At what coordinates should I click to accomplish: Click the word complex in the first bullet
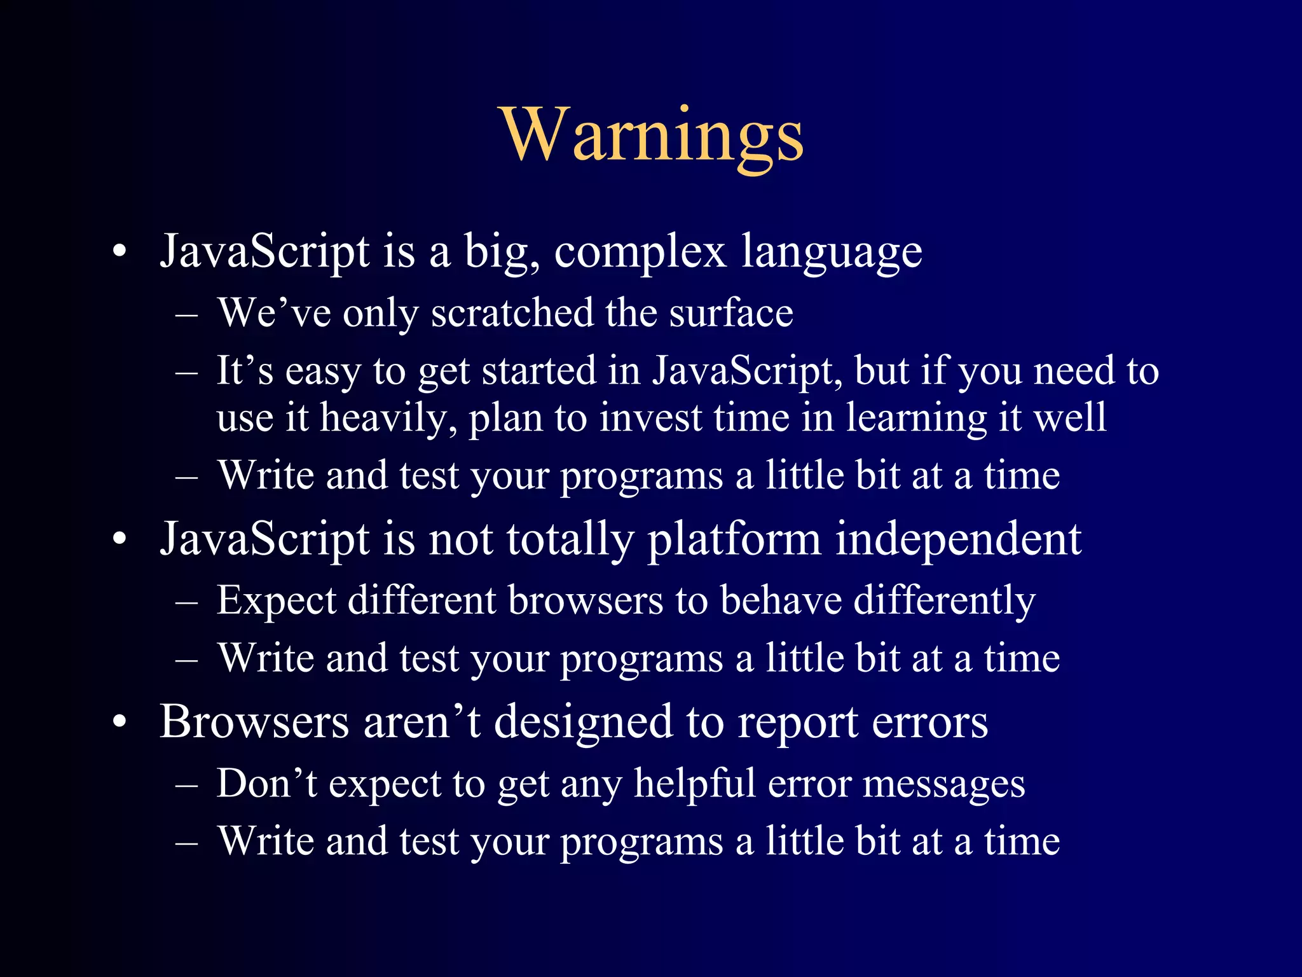coord(640,251)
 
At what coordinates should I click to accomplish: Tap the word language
coord(832,251)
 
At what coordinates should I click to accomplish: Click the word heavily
coord(388,419)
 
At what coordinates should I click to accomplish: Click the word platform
coord(734,539)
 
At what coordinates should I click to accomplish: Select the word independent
coord(958,539)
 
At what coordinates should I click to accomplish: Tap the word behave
coord(781,600)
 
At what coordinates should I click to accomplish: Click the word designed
coord(583,723)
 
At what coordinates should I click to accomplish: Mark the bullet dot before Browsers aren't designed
coord(120,723)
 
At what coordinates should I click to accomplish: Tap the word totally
coord(570,539)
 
